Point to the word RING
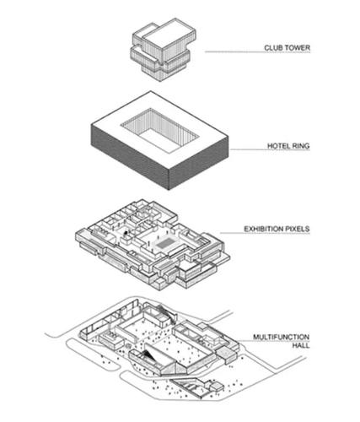tap(301, 146)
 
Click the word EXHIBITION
tap(263, 229)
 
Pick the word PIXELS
tap(297, 229)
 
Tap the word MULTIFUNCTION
tap(282, 337)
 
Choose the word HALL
tap(301, 345)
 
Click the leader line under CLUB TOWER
tap(257, 52)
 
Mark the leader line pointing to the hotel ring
tap(270, 149)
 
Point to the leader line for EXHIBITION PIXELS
tap(265, 233)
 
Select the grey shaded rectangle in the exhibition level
tap(165, 243)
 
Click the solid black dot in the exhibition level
tap(126, 232)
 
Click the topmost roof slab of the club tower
tap(169, 35)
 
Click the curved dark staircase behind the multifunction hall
tap(168, 313)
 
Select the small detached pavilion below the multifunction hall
tap(217, 387)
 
